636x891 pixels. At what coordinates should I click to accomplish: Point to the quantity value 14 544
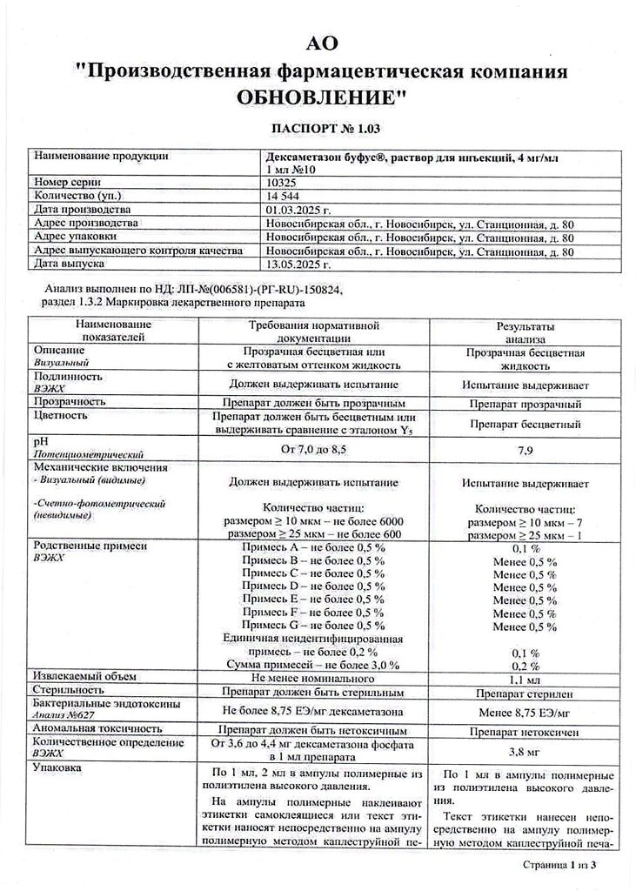[x=281, y=197]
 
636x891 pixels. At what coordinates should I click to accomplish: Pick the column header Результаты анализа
[x=525, y=332]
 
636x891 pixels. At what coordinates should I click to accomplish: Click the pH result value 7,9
[x=525, y=450]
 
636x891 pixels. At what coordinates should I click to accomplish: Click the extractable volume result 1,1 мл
[x=525, y=678]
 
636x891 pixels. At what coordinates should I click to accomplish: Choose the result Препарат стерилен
[x=525, y=693]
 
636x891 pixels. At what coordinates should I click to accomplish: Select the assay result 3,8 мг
[x=525, y=752]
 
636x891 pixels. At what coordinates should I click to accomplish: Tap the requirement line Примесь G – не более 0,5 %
[x=313, y=626]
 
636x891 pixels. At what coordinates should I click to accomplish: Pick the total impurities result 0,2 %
[x=525, y=666]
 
